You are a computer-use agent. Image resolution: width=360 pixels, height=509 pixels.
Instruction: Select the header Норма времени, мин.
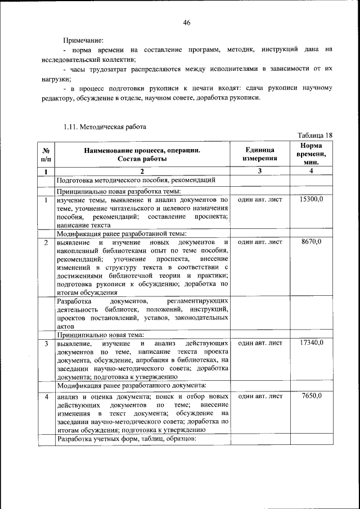310,154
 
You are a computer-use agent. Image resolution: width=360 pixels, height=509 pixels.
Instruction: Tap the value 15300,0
310,200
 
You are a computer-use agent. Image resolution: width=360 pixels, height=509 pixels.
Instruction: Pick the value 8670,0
310,242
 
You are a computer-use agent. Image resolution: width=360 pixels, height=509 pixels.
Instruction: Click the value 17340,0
310,343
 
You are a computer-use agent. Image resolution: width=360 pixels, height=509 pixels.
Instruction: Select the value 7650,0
310,396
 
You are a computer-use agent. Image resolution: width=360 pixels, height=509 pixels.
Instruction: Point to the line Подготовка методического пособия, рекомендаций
136,181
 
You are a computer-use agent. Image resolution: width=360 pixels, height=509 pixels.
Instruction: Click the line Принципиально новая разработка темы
118,191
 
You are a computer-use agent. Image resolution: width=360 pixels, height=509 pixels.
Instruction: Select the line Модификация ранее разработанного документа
132,385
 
